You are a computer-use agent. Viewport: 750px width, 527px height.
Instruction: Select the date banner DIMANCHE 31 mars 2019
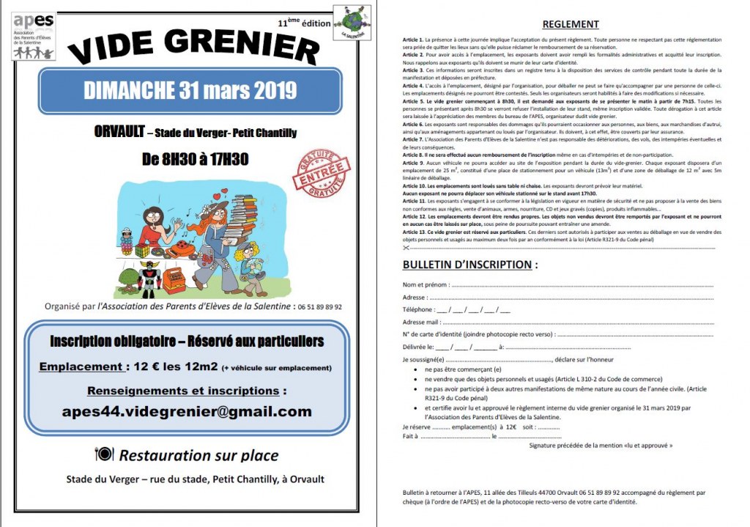pos(190,91)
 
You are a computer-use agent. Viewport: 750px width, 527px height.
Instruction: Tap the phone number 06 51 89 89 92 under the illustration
pos(318,307)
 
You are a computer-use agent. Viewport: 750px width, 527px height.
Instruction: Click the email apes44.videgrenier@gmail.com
pos(187,411)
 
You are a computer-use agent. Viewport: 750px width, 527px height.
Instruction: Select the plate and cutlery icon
pos(104,454)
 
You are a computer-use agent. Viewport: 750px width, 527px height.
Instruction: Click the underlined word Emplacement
pos(81,366)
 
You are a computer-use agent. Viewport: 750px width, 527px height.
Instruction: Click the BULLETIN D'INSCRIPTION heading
pos(467,265)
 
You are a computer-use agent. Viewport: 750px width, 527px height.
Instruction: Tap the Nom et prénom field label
pos(424,284)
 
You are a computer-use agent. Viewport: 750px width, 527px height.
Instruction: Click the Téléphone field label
pos(418,309)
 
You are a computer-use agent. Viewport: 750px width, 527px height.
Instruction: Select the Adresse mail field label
pos(421,322)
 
